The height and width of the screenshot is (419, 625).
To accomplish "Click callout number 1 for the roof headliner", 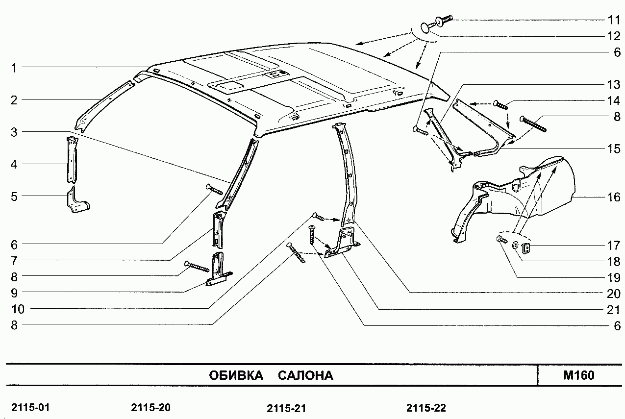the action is pyautogui.click(x=14, y=68).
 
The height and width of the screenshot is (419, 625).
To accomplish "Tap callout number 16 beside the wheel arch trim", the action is pyautogui.click(x=614, y=197).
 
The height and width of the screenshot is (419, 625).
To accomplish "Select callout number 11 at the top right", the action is pyautogui.click(x=614, y=20).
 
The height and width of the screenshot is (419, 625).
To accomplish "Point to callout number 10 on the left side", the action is pyautogui.click(x=18, y=309).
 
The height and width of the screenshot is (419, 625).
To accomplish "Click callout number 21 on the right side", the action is pyautogui.click(x=614, y=310).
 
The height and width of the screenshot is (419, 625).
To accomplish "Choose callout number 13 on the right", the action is pyautogui.click(x=614, y=84).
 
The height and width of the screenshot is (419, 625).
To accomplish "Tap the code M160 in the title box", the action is pyautogui.click(x=579, y=375).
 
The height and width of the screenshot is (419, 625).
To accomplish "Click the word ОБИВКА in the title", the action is pyautogui.click(x=236, y=375).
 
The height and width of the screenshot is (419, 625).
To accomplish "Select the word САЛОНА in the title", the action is pyautogui.click(x=305, y=375).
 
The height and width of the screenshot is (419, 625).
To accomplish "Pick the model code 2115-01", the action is pyautogui.click(x=30, y=408).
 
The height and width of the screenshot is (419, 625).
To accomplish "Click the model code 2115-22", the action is pyautogui.click(x=426, y=408).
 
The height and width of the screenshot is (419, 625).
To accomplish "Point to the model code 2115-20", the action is pyautogui.click(x=150, y=408).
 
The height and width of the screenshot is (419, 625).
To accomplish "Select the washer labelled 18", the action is pyautogui.click(x=516, y=245).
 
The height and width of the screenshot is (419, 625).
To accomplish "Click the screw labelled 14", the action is pyautogui.click(x=501, y=105).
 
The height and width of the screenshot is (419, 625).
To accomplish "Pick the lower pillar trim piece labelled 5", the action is pyautogui.click(x=78, y=200).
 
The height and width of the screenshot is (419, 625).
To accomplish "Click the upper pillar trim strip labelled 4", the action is pyautogui.click(x=72, y=160).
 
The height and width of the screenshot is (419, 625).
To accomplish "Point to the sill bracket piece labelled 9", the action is pyautogui.click(x=219, y=270).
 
